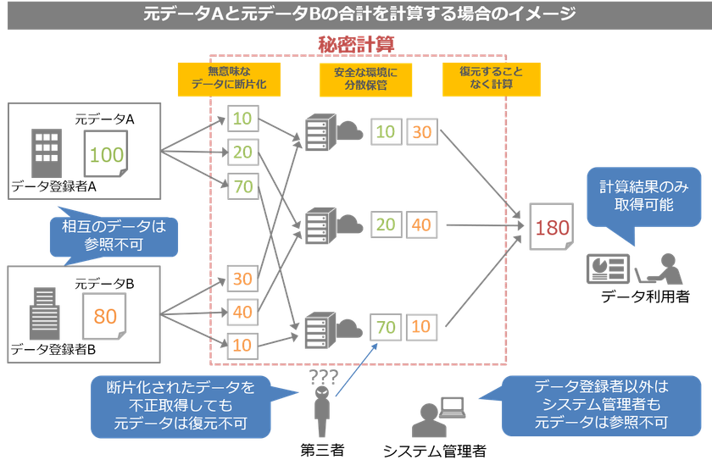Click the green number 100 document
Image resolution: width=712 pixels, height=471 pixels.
click(x=107, y=154)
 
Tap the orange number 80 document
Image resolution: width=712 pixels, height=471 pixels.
click(x=105, y=316)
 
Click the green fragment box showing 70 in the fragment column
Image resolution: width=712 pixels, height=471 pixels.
click(x=243, y=186)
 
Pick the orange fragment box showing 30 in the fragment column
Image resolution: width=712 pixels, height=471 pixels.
click(x=243, y=277)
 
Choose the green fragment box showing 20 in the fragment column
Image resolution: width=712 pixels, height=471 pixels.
click(x=243, y=152)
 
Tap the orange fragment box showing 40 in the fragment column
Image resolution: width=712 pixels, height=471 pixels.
click(x=243, y=311)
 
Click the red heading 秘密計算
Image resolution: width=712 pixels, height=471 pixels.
click(x=356, y=43)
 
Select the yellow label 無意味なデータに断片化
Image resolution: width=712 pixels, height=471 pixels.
click(x=228, y=79)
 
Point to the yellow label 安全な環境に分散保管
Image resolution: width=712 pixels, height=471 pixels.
click(x=359, y=79)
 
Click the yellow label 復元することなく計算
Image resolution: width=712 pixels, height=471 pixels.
click(x=480, y=79)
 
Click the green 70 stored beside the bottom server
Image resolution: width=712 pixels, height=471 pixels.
click(x=387, y=326)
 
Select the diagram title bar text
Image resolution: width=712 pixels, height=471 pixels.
click(x=356, y=14)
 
